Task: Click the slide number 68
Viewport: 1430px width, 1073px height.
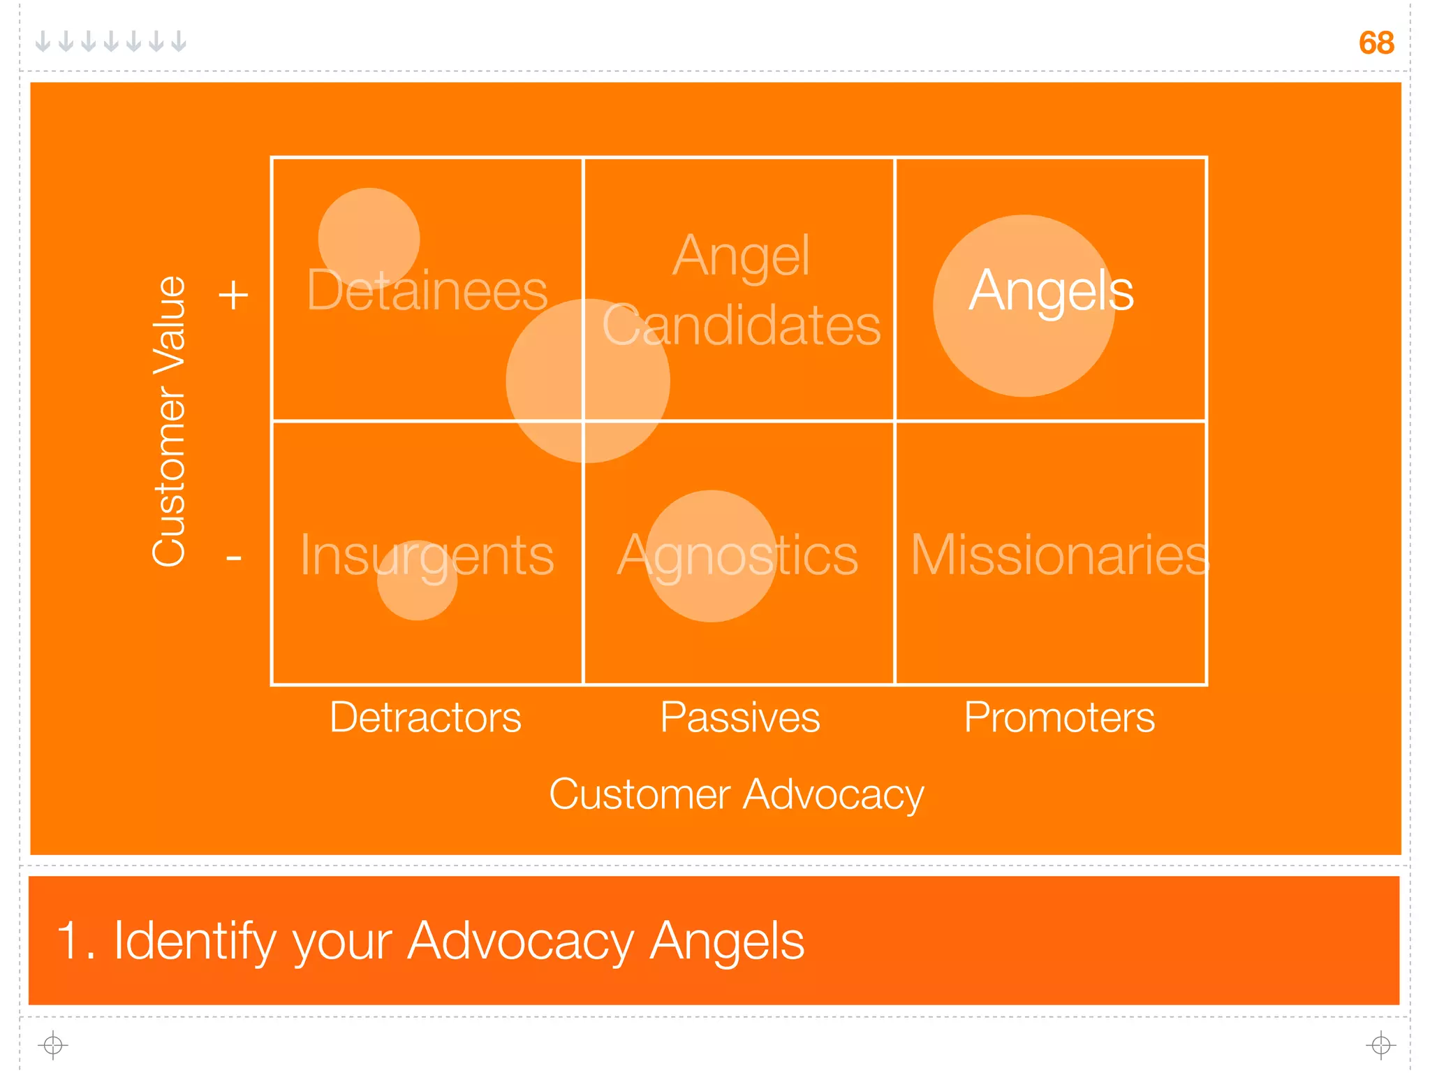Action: click(1376, 43)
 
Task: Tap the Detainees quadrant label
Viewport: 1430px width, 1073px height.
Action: click(427, 291)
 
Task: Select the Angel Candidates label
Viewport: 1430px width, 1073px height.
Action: click(741, 291)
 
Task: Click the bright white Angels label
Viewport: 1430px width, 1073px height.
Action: click(1051, 291)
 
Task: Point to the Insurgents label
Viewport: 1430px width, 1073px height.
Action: click(427, 555)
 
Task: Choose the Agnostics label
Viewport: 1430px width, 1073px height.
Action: click(737, 555)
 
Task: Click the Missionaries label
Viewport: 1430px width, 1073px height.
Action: click(1059, 555)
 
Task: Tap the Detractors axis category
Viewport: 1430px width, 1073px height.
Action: click(425, 717)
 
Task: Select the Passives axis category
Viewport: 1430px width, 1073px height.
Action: click(740, 717)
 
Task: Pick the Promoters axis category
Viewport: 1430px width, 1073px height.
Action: click(1059, 717)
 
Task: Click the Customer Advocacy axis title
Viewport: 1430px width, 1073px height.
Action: click(736, 794)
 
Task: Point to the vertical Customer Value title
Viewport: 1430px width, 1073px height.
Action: click(169, 421)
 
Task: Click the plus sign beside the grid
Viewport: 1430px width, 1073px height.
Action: click(233, 295)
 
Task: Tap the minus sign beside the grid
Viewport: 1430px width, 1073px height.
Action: click(233, 557)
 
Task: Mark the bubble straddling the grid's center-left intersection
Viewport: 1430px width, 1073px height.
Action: click(588, 381)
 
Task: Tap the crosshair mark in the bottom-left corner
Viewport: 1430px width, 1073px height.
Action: click(53, 1045)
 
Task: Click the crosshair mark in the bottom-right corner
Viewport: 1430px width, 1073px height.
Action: click(1380, 1045)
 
